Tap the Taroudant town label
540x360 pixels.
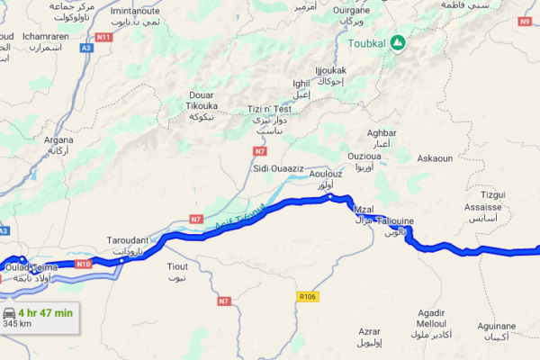(132, 242)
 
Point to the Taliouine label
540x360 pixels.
(396, 220)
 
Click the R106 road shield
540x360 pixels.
(308, 294)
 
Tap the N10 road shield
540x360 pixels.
(84, 264)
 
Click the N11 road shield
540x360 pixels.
(103, 37)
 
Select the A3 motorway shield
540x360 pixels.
(85, 48)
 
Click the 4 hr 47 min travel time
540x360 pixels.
(44, 313)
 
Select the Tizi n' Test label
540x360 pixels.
(267, 110)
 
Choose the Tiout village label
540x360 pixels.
(177, 266)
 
